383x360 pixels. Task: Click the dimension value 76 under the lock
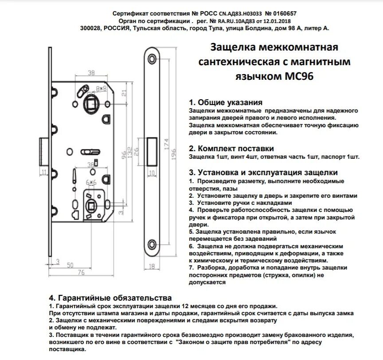tap(81, 272)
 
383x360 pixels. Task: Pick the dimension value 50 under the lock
tap(70, 265)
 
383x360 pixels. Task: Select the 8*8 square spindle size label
tap(102, 88)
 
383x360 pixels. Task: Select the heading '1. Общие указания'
tap(222, 102)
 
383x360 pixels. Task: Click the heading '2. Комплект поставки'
tap(231, 148)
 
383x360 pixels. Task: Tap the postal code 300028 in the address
tap(92, 28)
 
